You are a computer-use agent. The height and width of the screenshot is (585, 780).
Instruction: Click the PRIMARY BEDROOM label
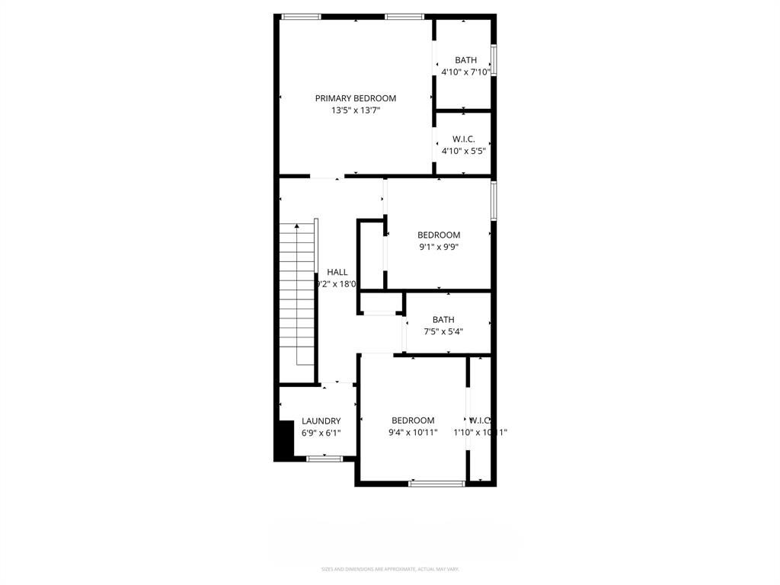pyautogui.click(x=356, y=98)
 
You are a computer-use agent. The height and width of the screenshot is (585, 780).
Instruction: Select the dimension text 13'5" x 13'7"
pyautogui.click(x=356, y=110)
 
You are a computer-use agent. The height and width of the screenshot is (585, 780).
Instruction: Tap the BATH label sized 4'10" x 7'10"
pyautogui.click(x=465, y=60)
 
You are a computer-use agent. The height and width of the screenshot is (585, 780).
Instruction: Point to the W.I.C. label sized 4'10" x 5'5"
pyautogui.click(x=464, y=139)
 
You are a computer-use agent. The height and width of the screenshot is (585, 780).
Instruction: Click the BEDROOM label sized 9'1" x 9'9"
pyautogui.click(x=439, y=235)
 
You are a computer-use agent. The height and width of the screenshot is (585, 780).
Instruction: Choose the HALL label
pyautogui.click(x=337, y=272)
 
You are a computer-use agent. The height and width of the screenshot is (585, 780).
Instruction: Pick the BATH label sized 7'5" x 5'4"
pyautogui.click(x=443, y=320)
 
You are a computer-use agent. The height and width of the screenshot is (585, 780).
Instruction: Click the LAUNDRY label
pyautogui.click(x=321, y=421)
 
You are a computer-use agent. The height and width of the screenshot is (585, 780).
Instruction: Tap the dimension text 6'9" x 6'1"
pyautogui.click(x=321, y=433)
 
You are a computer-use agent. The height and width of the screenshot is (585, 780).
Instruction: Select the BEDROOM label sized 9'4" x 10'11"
pyautogui.click(x=413, y=420)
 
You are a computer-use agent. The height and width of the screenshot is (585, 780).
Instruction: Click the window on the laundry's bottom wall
pyautogui.click(x=324, y=459)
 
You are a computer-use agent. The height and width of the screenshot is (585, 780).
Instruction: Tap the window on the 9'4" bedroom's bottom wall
pyautogui.click(x=436, y=483)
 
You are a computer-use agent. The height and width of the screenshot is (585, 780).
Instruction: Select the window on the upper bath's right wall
pyautogui.click(x=494, y=60)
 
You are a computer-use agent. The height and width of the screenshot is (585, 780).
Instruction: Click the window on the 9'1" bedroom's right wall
pyautogui.click(x=494, y=200)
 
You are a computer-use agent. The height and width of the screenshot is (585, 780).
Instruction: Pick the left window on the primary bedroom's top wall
pyautogui.click(x=301, y=16)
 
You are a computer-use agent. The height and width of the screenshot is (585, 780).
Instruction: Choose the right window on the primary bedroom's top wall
pyautogui.click(x=404, y=16)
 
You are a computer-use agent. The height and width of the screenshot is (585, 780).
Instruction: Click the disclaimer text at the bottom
pyautogui.click(x=390, y=569)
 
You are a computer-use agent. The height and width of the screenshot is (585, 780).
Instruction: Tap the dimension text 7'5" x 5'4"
pyautogui.click(x=443, y=332)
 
